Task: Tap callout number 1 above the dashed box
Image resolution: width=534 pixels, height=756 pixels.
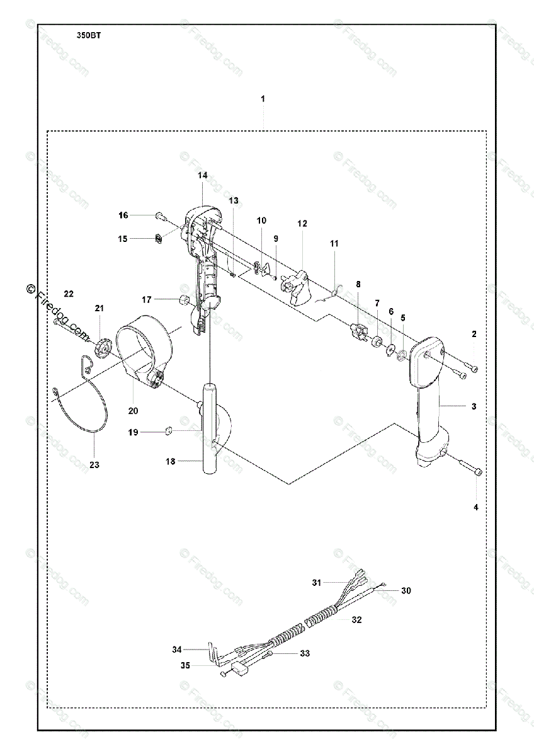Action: point(263,99)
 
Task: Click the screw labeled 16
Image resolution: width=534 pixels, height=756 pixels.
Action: point(160,216)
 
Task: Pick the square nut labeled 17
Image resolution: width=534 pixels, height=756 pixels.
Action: point(185,299)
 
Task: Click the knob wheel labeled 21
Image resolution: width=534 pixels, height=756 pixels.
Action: point(103,346)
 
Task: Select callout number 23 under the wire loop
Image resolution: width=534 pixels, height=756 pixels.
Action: point(94,465)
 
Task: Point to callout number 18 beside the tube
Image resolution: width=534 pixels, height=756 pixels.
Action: point(171,462)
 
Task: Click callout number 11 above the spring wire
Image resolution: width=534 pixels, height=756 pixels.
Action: point(334,243)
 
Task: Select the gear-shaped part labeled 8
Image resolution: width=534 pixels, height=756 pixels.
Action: point(357,331)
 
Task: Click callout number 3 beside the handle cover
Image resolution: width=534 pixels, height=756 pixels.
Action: point(474,406)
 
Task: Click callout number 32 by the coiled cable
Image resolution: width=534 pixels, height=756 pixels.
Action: point(356,619)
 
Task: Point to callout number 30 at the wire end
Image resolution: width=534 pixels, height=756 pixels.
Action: point(406,590)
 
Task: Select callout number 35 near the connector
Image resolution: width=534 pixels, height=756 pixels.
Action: point(185,665)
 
